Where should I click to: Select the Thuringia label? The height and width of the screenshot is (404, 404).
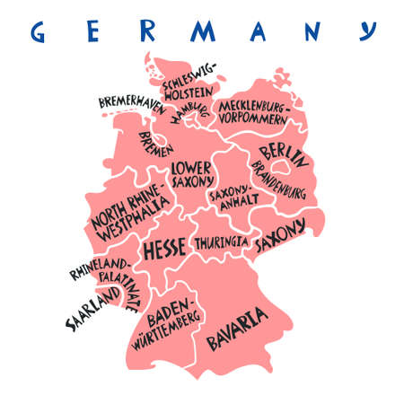(222, 242)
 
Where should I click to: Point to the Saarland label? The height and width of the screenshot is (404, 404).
(92, 309)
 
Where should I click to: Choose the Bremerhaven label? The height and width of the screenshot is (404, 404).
(131, 103)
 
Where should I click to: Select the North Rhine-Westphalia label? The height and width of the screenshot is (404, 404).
(128, 213)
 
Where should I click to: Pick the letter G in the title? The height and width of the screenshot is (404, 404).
(39, 33)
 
